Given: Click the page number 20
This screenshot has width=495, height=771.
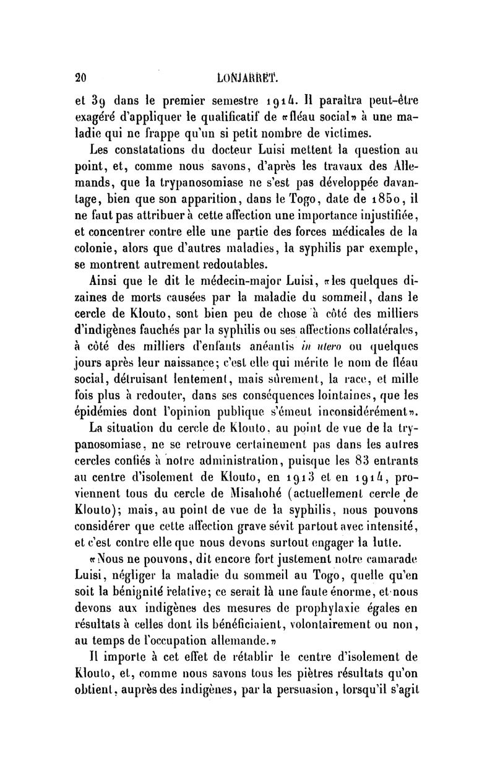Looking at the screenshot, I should (79, 77).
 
